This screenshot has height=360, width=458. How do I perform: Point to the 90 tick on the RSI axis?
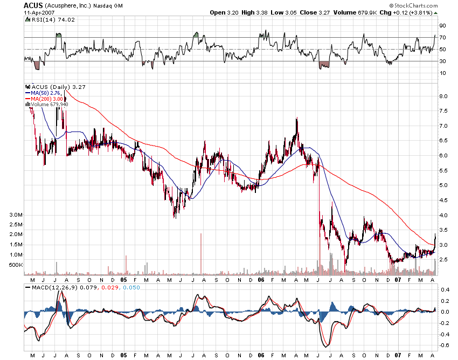point(442,25)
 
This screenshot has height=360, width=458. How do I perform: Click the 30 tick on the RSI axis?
point(442,61)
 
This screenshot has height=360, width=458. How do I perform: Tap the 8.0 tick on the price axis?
point(443,96)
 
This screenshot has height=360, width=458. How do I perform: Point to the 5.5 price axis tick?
point(443,170)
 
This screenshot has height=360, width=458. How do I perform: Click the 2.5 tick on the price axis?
point(443,260)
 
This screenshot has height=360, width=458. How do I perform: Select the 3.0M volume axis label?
point(16,215)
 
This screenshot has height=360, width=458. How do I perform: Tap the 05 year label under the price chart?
point(123,280)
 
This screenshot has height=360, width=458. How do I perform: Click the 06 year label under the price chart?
point(261,280)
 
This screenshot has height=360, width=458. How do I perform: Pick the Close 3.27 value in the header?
point(284,12)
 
